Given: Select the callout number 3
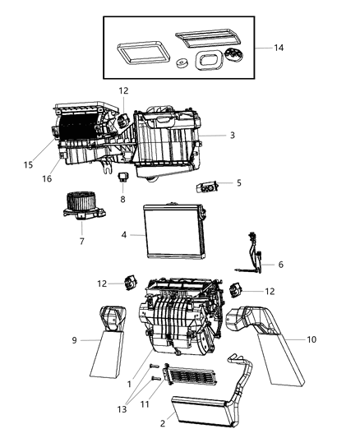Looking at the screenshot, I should pyautogui.click(x=233, y=135).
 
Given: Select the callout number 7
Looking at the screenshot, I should pyautogui.click(x=81, y=241).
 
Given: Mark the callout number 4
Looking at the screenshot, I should pyautogui.click(x=124, y=235).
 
